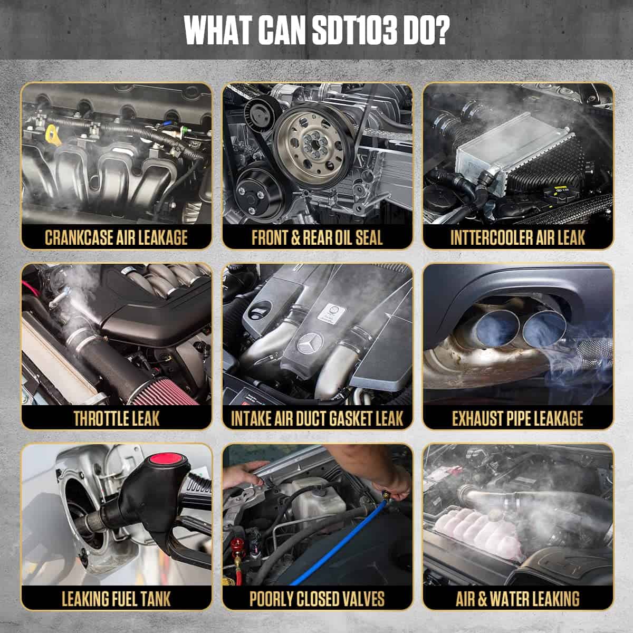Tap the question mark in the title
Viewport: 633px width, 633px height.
tap(440, 30)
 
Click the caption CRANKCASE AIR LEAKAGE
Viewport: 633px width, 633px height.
tap(116, 237)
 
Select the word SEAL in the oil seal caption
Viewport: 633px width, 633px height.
tap(369, 237)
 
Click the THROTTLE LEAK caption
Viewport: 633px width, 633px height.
tap(117, 418)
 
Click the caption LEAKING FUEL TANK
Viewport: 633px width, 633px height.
tap(116, 599)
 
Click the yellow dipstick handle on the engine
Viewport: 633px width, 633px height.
tap(53, 135)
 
